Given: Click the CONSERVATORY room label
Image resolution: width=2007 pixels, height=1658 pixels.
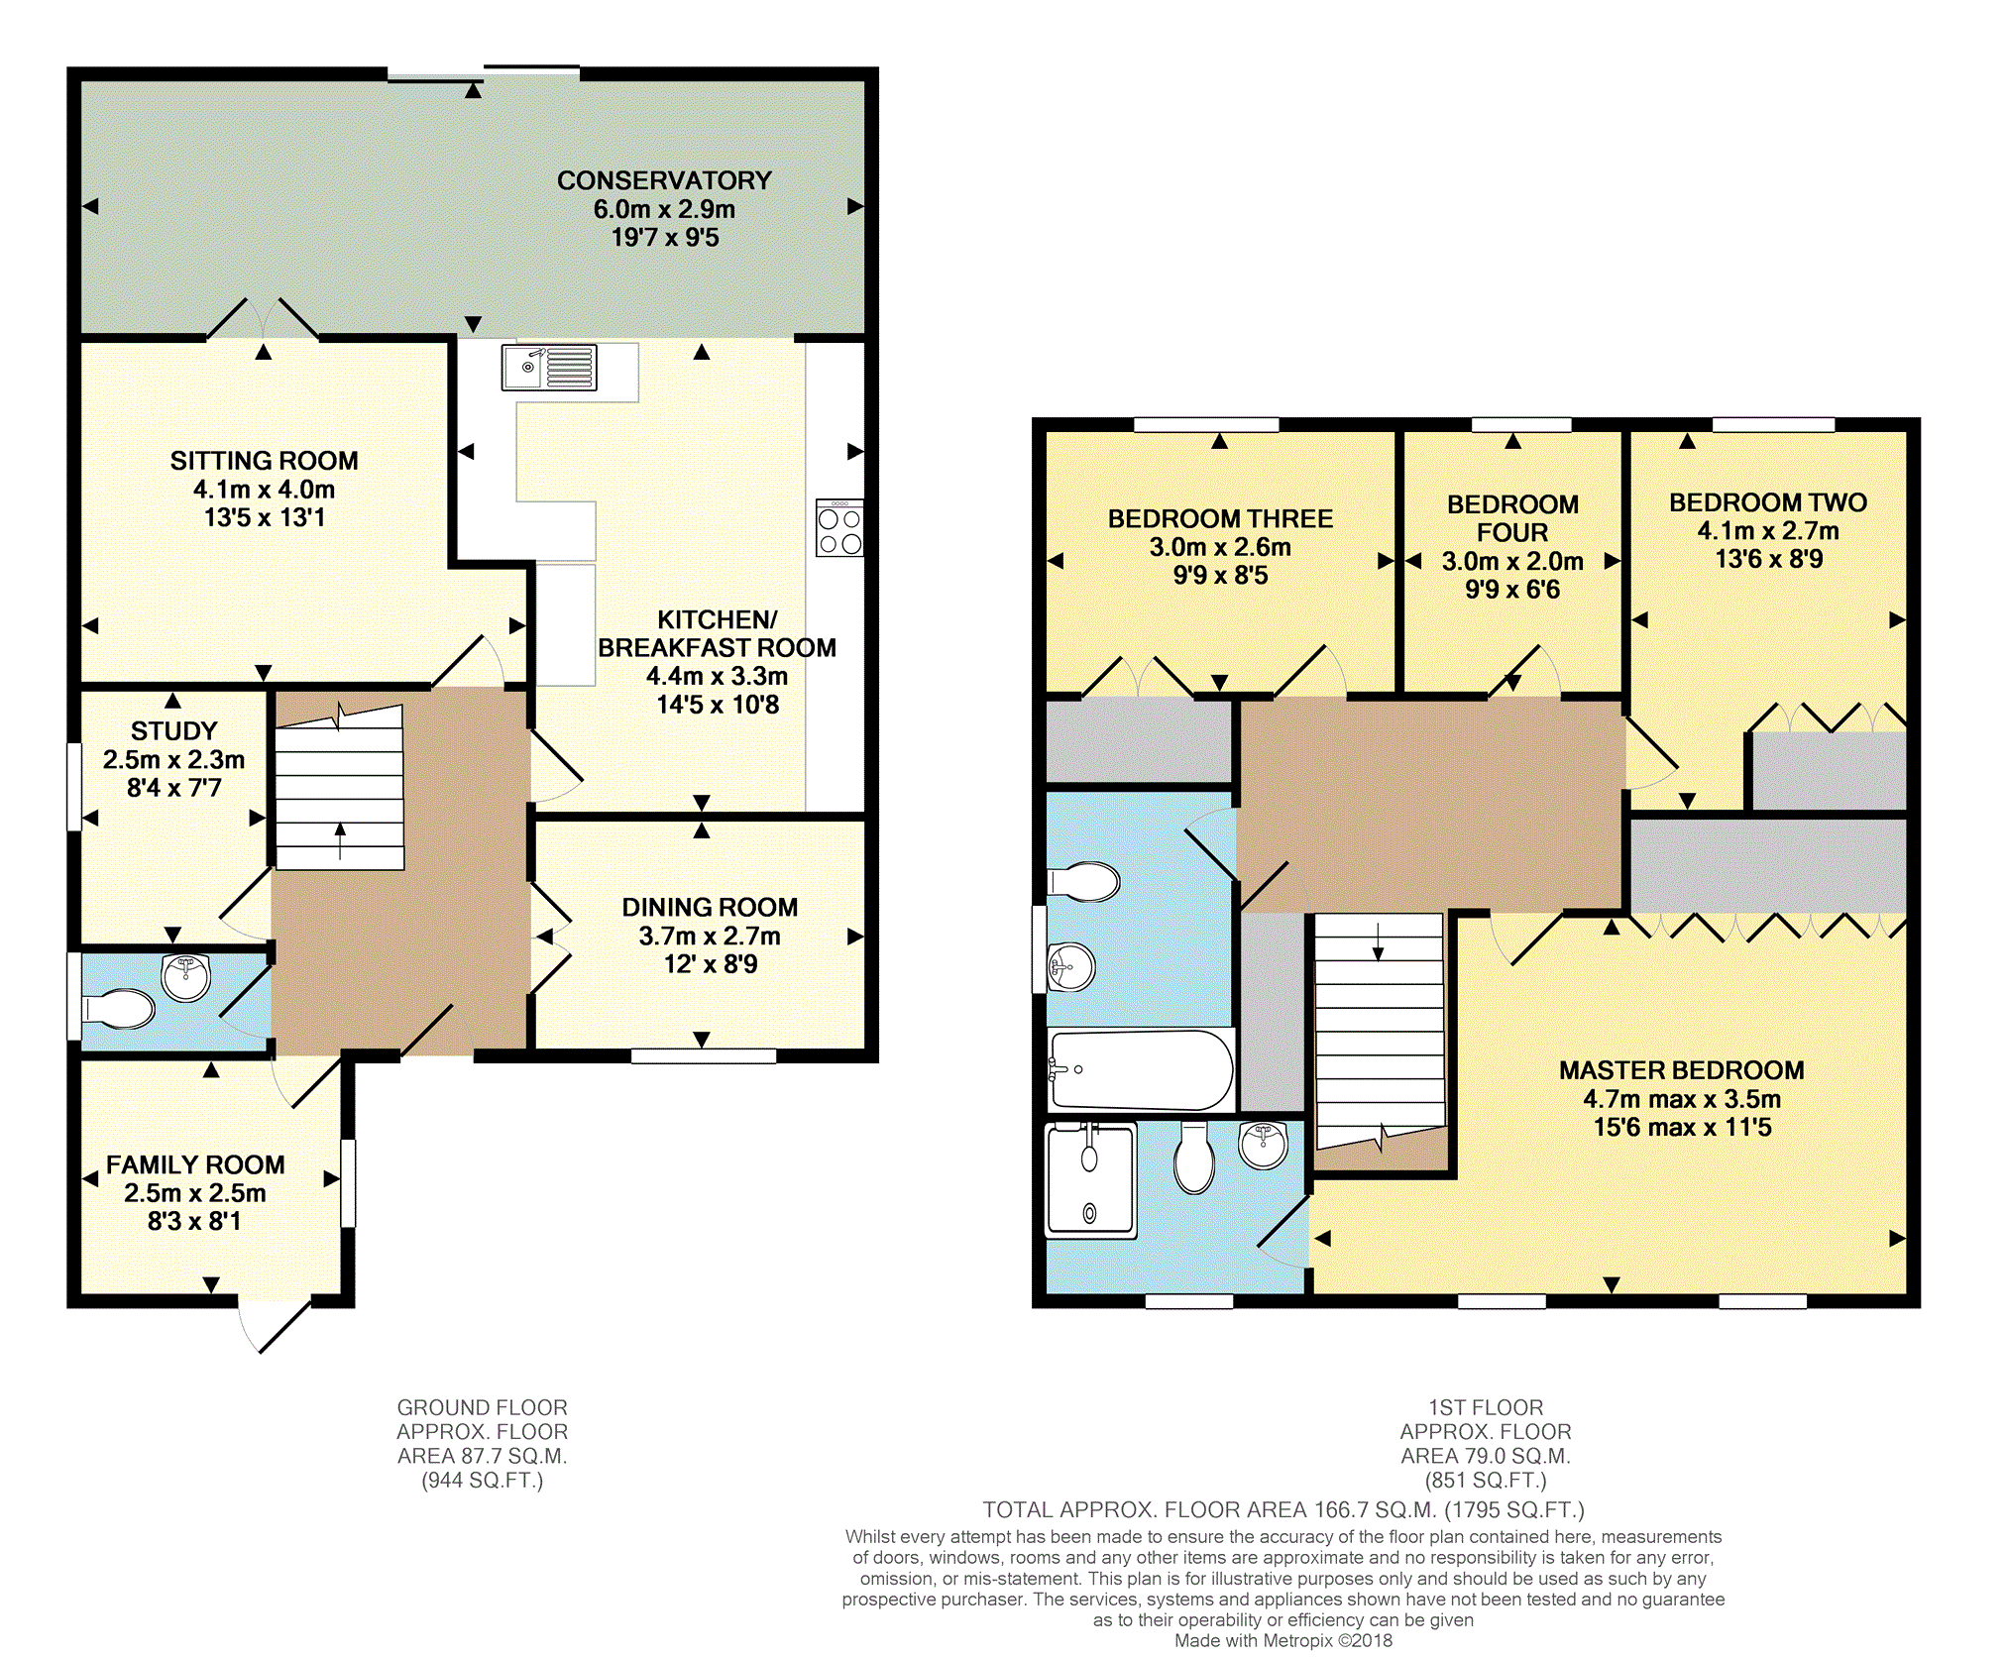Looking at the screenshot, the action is click(x=664, y=180).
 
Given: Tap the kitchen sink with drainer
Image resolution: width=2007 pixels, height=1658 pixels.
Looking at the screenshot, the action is click(x=549, y=368).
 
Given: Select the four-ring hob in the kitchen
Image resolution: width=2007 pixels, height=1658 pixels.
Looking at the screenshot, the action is click(x=839, y=528).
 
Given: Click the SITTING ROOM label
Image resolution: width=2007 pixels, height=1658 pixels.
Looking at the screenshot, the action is click(x=264, y=461).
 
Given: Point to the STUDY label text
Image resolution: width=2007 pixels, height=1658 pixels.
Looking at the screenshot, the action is click(x=173, y=731).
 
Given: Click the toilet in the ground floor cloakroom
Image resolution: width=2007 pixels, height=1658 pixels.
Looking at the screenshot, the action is click(x=117, y=1009).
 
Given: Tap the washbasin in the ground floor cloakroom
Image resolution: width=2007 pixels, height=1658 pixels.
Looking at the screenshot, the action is click(x=186, y=978).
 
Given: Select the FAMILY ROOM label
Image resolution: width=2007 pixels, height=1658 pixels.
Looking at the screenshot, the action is click(x=195, y=1164).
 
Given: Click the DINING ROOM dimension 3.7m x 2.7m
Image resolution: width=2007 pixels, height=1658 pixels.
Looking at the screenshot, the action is click(x=710, y=936).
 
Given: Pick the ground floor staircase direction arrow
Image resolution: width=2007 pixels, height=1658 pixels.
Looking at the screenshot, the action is click(x=340, y=841).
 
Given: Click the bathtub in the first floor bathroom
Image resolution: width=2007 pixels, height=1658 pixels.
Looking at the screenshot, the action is click(x=1141, y=1069).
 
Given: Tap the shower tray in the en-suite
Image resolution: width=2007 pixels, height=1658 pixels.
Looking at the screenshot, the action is click(x=1091, y=1181).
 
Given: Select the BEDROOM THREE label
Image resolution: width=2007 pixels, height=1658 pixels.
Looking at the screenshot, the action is click(x=1220, y=518).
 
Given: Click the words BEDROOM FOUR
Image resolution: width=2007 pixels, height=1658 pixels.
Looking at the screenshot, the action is click(x=1512, y=518).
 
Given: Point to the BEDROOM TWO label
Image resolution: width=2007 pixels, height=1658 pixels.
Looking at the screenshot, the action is click(x=1768, y=502).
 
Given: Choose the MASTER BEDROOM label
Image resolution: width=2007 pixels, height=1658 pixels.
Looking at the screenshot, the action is click(x=1682, y=1070).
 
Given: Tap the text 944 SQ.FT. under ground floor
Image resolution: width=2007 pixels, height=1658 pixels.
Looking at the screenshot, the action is click(x=483, y=1481).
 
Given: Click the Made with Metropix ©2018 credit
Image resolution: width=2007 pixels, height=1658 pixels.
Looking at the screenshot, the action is click(x=1283, y=1640).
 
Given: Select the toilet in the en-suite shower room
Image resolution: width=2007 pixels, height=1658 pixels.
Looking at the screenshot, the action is click(x=1194, y=1158).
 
